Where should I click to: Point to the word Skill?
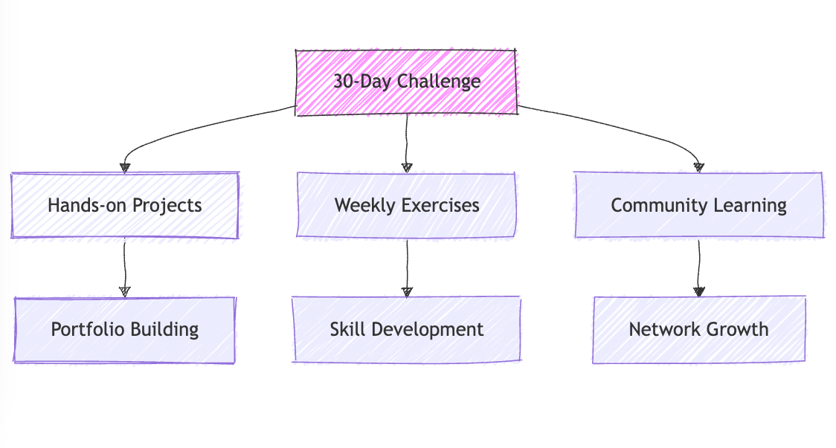(x=346, y=329)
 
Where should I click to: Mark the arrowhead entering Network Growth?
(x=698, y=291)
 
